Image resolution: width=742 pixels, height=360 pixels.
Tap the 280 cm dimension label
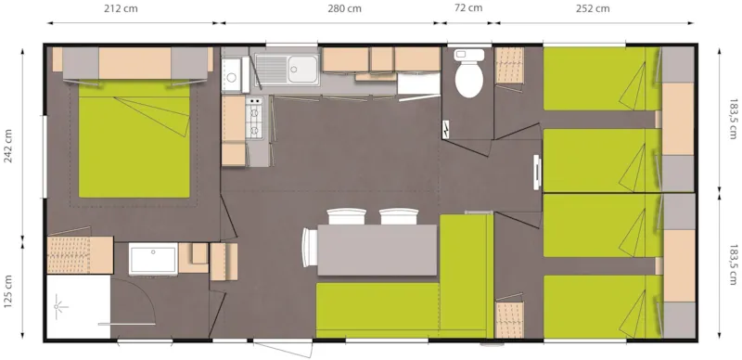tap(345, 9)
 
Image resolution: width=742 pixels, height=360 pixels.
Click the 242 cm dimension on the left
tap(9, 146)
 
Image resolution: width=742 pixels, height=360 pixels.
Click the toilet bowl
tap(469, 78)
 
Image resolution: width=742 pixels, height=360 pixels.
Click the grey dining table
tap(377, 251)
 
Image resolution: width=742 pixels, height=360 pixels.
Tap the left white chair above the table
tap(346, 216)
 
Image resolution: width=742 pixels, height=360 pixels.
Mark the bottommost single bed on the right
tap(595, 306)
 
